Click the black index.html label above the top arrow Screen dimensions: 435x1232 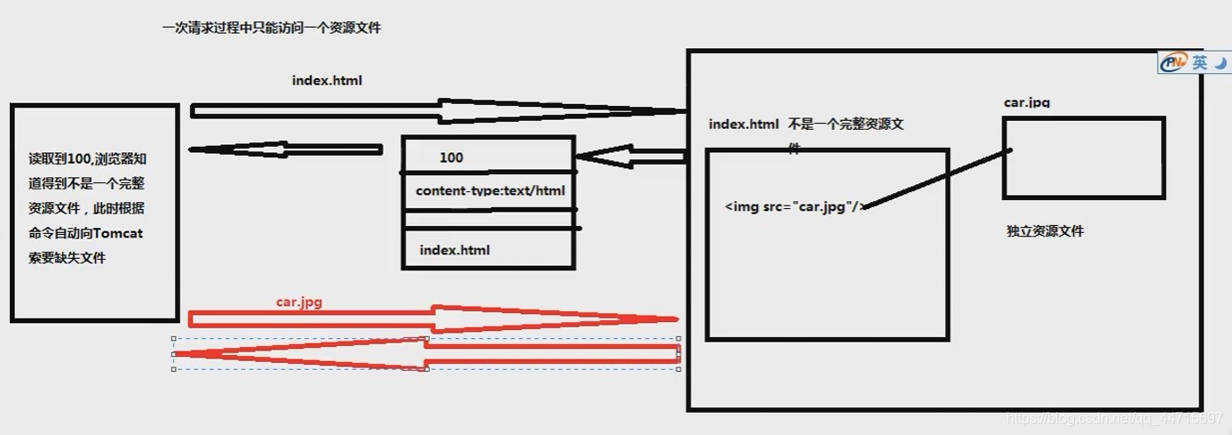[x=327, y=81]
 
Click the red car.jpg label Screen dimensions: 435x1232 [x=298, y=302]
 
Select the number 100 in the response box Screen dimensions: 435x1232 [x=451, y=158]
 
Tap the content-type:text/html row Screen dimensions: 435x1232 [x=490, y=190]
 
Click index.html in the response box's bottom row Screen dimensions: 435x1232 [x=455, y=250]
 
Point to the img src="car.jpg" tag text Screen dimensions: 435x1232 [x=793, y=206]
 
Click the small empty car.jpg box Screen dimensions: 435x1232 [x=1083, y=157]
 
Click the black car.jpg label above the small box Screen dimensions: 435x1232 [x=1027, y=102]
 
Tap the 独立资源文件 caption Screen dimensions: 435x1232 [x=1045, y=231]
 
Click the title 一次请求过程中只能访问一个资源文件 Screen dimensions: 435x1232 [x=272, y=28]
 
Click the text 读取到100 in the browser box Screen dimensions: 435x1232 [x=60, y=159]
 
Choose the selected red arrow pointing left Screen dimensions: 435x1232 [x=426, y=354]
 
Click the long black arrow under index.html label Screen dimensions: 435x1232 [x=439, y=111]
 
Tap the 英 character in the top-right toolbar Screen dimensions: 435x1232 [x=1200, y=62]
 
